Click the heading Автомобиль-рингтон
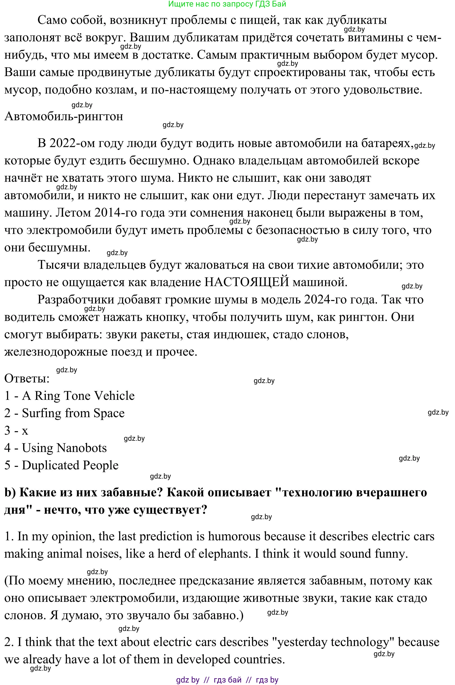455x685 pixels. pyautogui.click(x=64, y=116)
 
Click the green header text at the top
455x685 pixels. pyautogui.click(x=227, y=4)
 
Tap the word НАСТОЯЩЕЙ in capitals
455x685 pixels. pyautogui.click(x=247, y=282)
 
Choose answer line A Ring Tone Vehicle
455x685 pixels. pyautogui.click(x=78, y=396)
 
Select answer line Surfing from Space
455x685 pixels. pyautogui.click(x=73, y=413)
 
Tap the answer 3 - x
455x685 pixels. pyautogui.click(x=16, y=431)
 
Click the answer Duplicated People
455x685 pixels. pyautogui.click(x=70, y=466)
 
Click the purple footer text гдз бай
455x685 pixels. pyautogui.click(x=227, y=680)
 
